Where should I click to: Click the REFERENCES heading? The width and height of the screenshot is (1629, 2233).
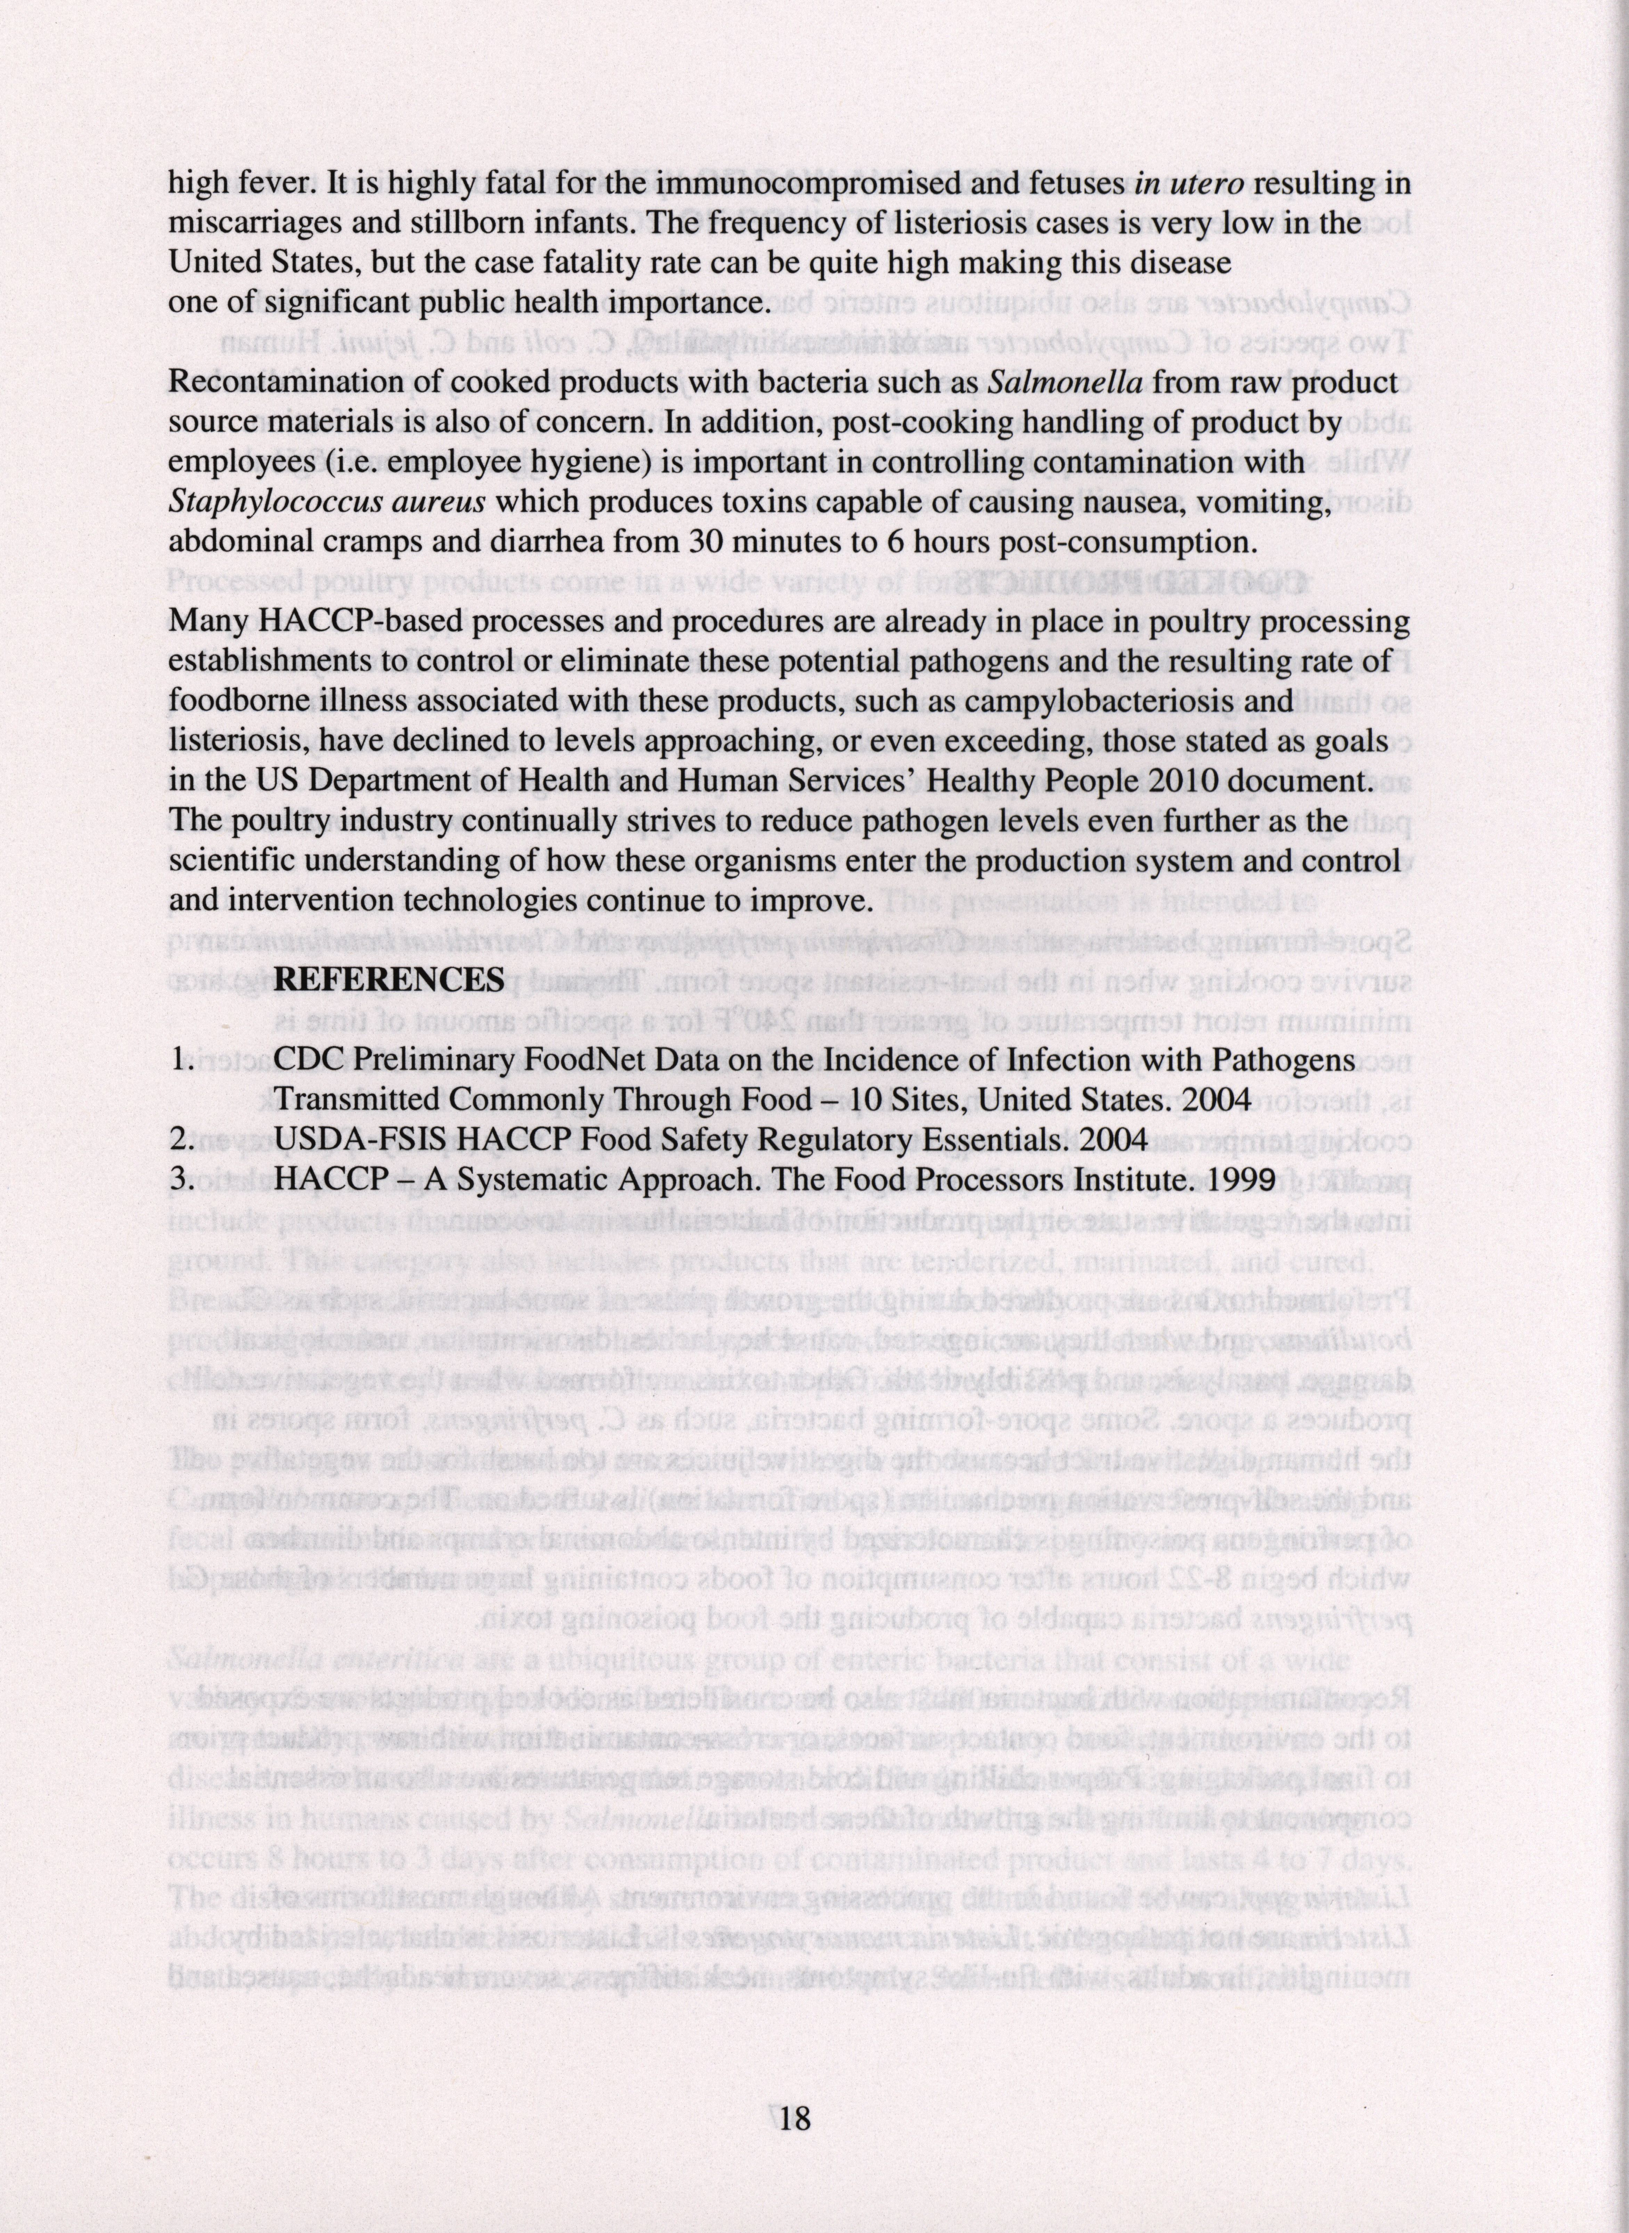point(389,978)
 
